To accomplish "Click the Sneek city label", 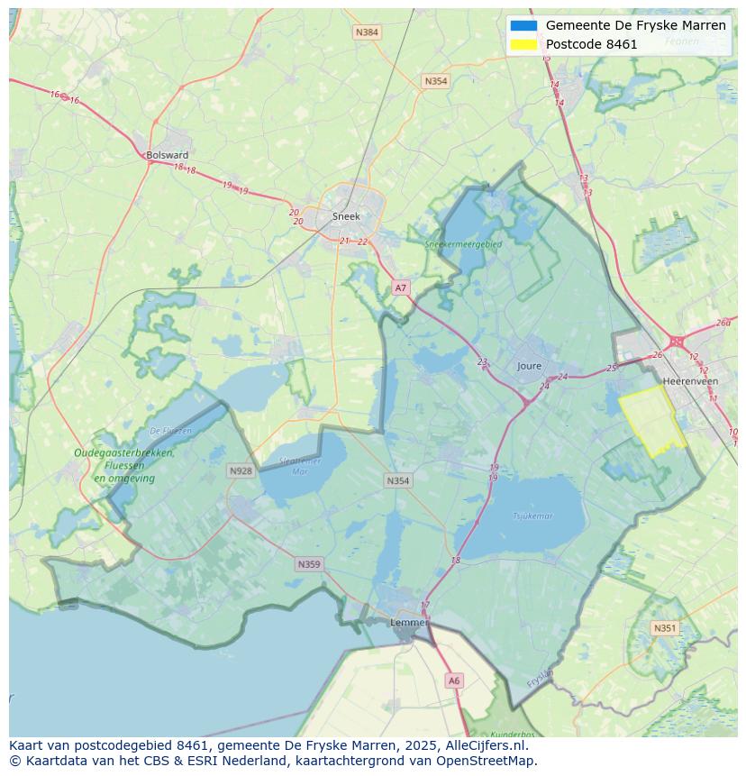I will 346,216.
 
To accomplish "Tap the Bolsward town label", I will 167,155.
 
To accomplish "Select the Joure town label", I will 530,366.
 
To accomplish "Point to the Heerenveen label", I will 689,381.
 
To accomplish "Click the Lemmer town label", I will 408,623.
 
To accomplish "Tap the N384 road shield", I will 367,32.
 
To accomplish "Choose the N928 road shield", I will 241,470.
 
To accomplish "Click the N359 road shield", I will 308,564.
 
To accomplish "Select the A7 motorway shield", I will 401,288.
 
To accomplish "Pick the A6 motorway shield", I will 454,681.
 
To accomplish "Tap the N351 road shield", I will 664,628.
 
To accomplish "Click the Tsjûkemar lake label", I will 532,516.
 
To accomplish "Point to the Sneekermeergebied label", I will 463,243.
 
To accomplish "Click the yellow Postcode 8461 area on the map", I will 652,420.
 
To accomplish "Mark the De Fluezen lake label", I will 170,431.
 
